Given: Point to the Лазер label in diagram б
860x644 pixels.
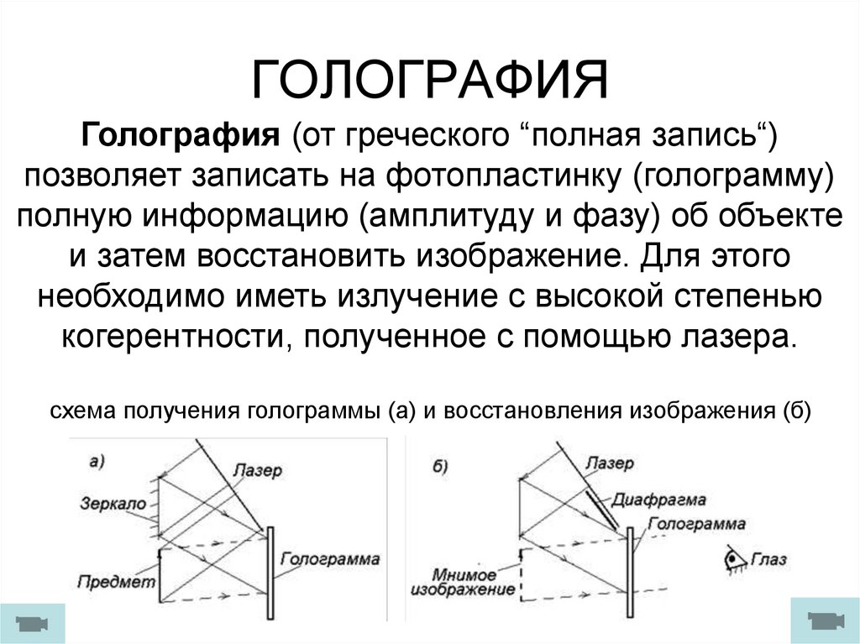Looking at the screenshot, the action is (610, 464).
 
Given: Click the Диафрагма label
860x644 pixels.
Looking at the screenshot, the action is (658, 499).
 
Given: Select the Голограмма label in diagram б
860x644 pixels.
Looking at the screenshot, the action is (697, 524).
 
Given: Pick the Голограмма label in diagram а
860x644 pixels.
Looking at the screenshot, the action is (330, 558).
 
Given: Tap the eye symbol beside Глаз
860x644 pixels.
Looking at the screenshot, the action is (737, 557).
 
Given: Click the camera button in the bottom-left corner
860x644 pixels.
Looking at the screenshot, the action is (32, 623).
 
